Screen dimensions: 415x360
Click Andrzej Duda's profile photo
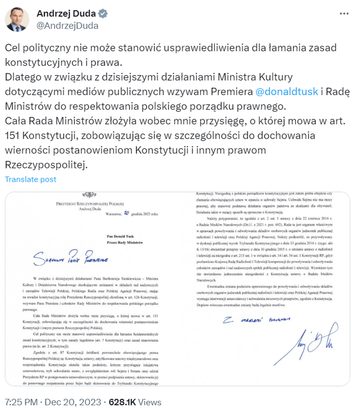tap(17, 19)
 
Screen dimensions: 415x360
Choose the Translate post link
tap(30, 179)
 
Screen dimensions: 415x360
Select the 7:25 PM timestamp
tap(21, 403)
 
